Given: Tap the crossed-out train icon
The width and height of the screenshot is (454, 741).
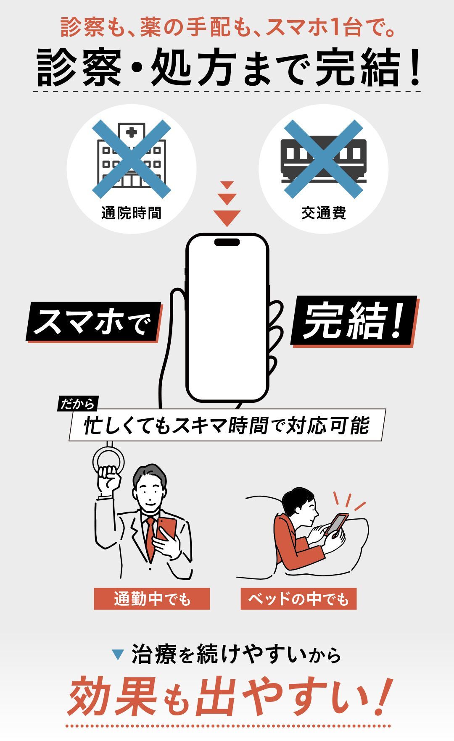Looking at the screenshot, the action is [x=323, y=159].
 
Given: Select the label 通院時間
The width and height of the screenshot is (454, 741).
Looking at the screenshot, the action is [x=131, y=213].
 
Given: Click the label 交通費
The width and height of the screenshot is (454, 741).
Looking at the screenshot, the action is [x=323, y=213].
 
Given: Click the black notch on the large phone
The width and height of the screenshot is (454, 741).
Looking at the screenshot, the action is [x=227, y=242].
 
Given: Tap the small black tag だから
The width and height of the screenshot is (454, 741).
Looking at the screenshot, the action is [x=78, y=404].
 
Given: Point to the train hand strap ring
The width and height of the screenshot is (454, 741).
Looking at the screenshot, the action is [x=108, y=461].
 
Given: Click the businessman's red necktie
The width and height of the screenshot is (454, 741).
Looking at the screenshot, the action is [x=150, y=539].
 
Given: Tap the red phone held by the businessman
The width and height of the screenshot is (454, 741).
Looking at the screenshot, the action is [x=167, y=531].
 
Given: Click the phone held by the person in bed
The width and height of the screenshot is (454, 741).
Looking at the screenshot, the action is [x=336, y=524].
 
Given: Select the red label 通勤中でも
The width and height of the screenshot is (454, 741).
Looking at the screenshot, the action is [x=152, y=599].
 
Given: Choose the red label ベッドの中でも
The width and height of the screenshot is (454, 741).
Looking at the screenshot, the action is [x=298, y=599].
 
